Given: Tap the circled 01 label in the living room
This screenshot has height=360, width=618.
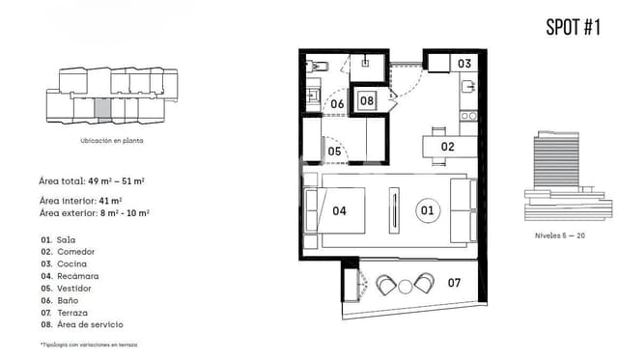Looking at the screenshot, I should point(426,208).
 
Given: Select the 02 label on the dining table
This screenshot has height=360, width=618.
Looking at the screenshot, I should point(447,147).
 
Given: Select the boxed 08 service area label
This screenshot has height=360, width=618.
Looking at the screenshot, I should point(367,99).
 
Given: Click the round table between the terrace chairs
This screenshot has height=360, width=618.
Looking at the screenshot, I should point(406,285).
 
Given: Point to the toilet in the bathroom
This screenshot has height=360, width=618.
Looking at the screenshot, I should point(319,67).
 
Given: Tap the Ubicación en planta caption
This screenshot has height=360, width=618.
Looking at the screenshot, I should point(111,140).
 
